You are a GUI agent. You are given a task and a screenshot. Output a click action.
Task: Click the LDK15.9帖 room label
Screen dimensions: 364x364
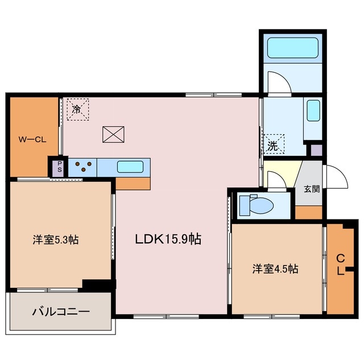click(167, 239)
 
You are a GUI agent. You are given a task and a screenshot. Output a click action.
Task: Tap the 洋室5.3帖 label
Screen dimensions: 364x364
click(55, 240)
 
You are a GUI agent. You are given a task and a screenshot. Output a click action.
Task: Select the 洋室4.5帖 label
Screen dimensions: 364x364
click(275, 269)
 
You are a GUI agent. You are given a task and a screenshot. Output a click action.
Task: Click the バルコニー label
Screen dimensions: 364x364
click(60, 312)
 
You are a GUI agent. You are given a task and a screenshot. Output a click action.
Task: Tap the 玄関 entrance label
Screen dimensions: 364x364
click(311, 189)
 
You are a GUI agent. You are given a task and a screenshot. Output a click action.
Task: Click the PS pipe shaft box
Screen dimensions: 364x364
click(57, 168)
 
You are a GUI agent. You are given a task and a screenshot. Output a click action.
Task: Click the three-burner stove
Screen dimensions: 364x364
click(83, 167)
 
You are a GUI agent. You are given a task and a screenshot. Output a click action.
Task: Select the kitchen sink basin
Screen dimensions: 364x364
click(130, 167)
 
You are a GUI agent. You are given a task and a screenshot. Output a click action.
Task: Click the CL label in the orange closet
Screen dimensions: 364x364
click(340, 265)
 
